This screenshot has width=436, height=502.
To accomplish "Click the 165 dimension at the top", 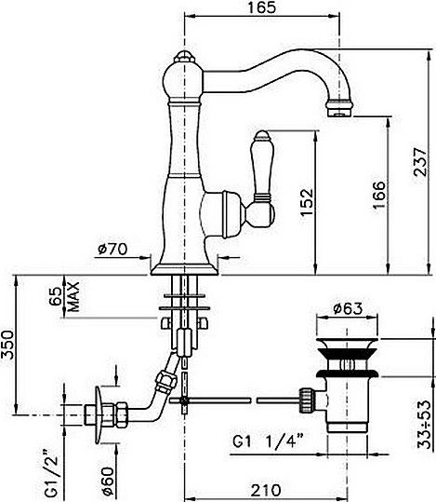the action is [261, 7].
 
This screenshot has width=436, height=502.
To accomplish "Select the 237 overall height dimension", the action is [420, 162].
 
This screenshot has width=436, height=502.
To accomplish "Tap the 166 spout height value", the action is [379, 195].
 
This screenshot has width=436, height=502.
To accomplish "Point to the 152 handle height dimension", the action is [307, 202].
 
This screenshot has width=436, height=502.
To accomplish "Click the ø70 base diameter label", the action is [112, 249].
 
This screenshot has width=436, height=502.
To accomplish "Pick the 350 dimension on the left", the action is [7, 346].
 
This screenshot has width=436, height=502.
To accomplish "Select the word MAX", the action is [73, 297].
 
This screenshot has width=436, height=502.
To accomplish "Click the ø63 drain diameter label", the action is [348, 308].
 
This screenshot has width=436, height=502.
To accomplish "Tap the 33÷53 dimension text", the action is [424, 424].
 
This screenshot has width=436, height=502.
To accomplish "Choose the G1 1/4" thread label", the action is [268, 441].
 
